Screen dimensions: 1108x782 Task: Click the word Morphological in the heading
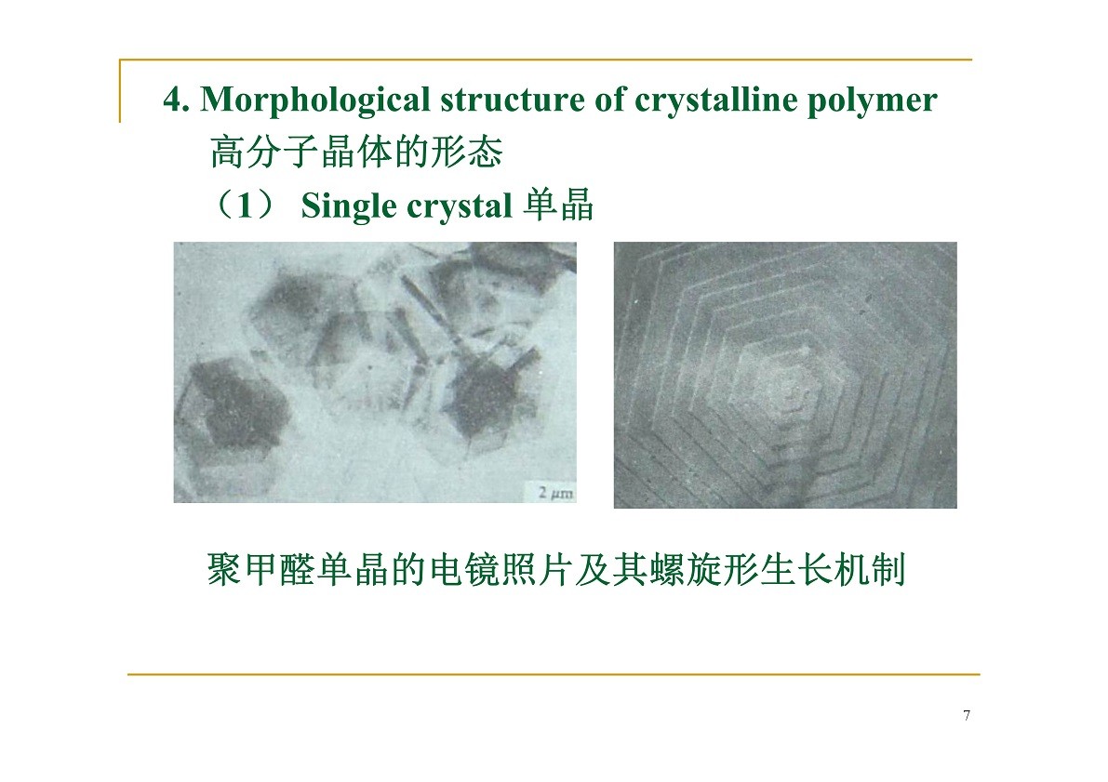(x=315, y=100)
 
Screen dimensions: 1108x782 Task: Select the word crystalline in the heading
(x=715, y=100)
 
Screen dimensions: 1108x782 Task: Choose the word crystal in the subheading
(x=460, y=206)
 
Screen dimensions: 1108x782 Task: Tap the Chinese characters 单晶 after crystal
(x=558, y=205)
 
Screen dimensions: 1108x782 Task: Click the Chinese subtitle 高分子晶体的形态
(x=356, y=152)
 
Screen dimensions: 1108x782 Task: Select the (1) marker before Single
(x=245, y=205)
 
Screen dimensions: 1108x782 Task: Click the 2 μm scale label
(x=555, y=493)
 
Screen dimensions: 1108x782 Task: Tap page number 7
(x=967, y=716)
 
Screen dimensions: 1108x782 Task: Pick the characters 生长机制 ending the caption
(x=834, y=569)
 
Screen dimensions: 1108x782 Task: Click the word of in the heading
(x=609, y=99)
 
